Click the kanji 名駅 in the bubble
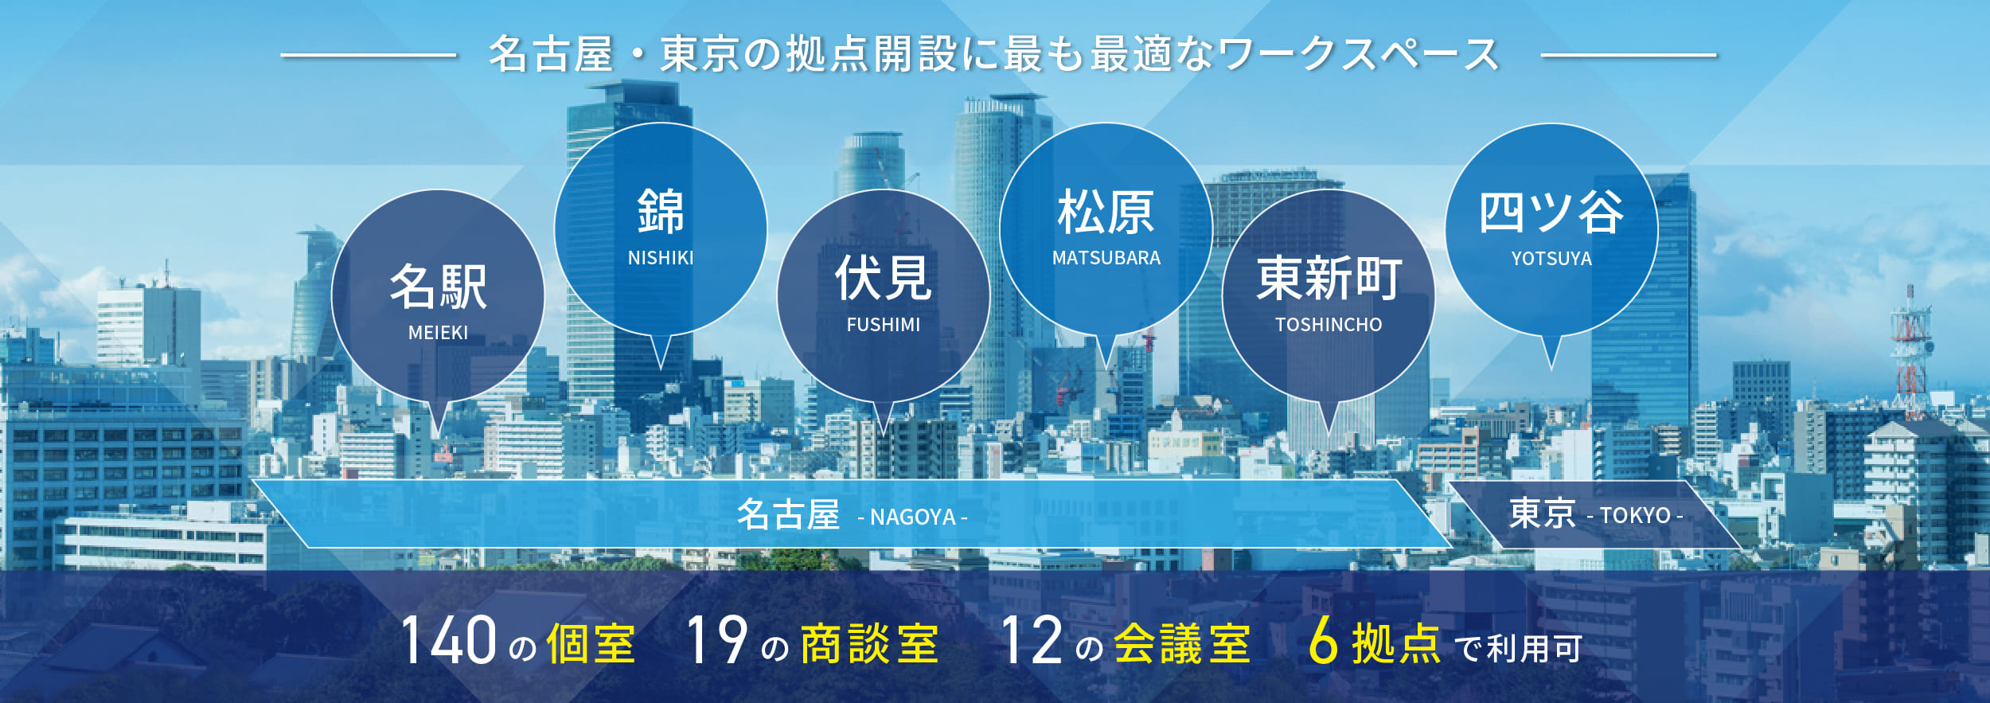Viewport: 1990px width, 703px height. [438, 287]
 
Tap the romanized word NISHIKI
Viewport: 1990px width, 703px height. [661, 258]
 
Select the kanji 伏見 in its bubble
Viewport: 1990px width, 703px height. [883, 278]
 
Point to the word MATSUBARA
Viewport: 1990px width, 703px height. [1106, 258]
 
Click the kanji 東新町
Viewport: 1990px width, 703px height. [1329, 278]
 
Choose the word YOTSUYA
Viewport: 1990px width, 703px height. [1551, 259]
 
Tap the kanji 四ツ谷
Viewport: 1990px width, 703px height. [1551, 212]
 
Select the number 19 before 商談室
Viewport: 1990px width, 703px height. [716, 640]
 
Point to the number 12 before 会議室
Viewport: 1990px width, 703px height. [1032, 640]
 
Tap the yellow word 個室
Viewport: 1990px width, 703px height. [591, 644]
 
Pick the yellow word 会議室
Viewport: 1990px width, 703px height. [1182, 644]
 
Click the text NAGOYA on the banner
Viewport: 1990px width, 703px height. [913, 517]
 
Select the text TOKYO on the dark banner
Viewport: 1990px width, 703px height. [1635, 516]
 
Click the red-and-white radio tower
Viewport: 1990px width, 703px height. [1910, 354]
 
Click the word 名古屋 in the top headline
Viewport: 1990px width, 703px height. [551, 54]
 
